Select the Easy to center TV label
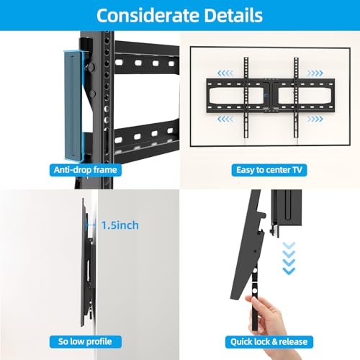click(x=269, y=170)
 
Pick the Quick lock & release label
click(x=269, y=342)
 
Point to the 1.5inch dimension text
click(x=120, y=225)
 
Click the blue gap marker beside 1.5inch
click(x=91, y=225)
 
